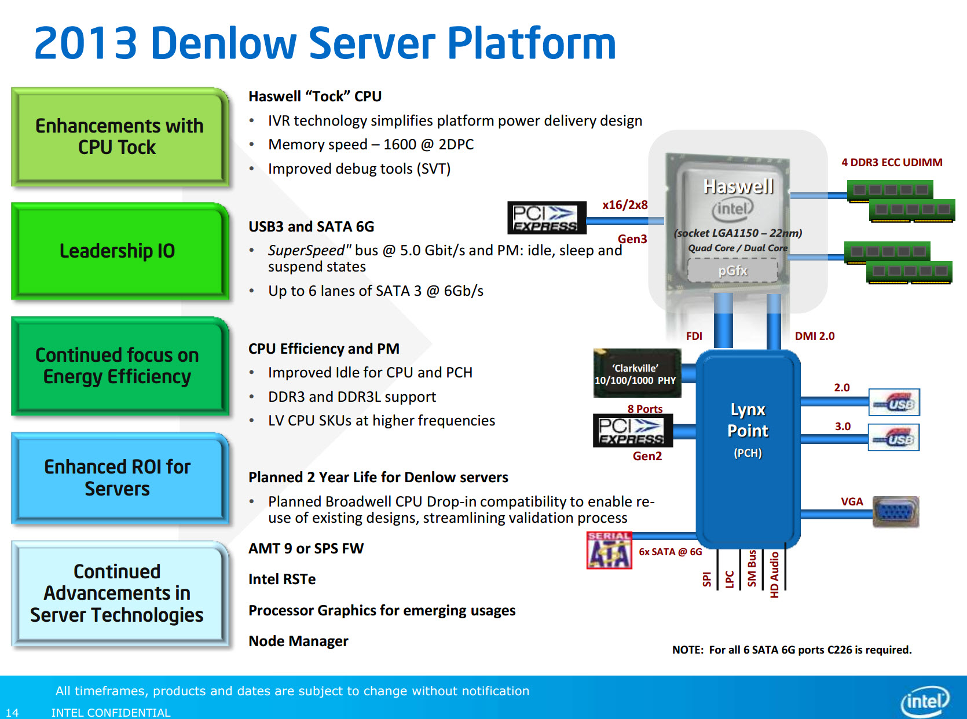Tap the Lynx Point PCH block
click(748, 449)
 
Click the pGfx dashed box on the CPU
click(732, 271)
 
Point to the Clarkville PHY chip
click(637, 373)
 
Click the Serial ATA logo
click(609, 551)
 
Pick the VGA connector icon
click(896, 511)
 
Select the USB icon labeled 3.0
click(894, 437)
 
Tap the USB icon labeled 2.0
click(894, 402)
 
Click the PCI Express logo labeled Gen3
click(547, 218)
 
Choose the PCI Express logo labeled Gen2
click(633, 430)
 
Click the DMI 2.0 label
click(814, 336)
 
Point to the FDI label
click(694, 336)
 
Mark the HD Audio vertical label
click(774, 575)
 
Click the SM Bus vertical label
click(752, 568)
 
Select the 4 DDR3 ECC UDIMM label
click(892, 162)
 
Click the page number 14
click(12, 713)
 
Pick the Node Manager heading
click(298, 641)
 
